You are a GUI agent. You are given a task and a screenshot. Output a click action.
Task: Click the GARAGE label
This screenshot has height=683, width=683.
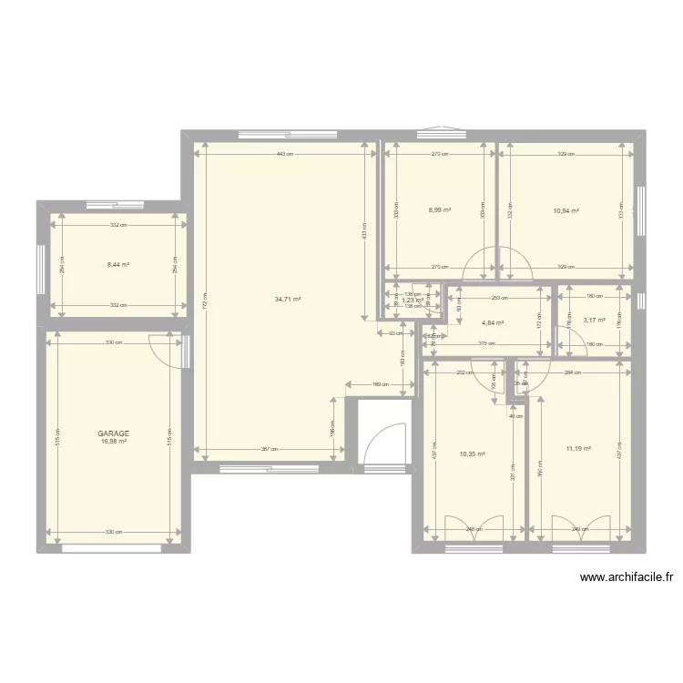click(115, 433)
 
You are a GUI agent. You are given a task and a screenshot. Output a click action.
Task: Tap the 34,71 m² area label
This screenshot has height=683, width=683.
click(288, 299)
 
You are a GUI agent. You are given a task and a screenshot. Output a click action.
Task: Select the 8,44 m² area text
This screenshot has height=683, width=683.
click(117, 265)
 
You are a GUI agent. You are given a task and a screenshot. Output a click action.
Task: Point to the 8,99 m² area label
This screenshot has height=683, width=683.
click(440, 210)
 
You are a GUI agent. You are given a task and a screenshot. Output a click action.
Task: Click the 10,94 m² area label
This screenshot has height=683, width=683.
click(566, 210)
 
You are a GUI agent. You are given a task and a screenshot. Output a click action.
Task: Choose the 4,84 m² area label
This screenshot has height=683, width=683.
click(493, 322)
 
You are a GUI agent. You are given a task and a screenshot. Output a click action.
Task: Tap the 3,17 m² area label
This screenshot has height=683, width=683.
click(594, 320)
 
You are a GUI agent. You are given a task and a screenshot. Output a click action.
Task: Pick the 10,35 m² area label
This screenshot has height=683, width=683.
click(473, 454)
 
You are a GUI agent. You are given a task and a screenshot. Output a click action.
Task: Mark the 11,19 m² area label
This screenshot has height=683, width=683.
click(578, 448)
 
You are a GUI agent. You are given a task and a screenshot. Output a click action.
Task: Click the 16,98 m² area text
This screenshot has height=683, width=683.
click(115, 442)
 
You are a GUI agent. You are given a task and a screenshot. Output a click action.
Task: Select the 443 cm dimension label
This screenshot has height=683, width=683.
click(285, 155)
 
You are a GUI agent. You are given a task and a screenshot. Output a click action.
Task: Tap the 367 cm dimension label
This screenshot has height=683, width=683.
click(270, 449)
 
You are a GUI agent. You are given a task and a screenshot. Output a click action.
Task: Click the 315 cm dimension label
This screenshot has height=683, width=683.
click(485, 343)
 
